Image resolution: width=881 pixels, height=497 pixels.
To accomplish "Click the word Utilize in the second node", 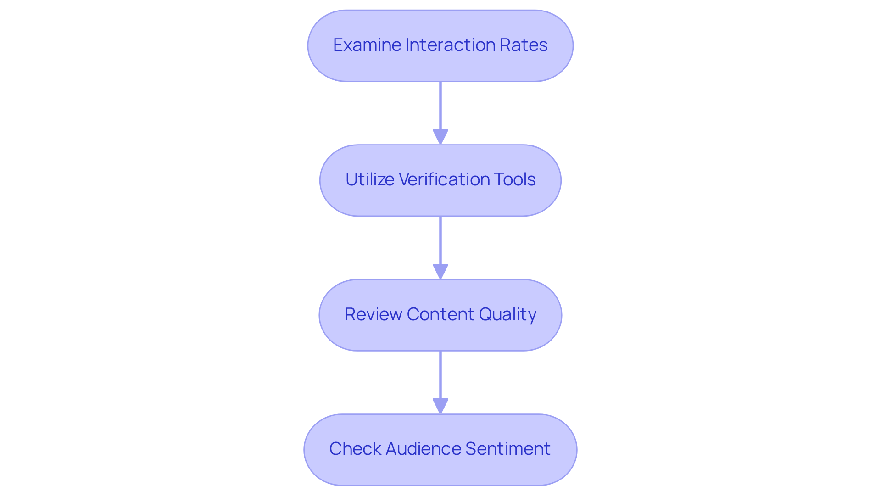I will [x=369, y=179].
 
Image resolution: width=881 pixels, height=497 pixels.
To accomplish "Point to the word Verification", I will [x=444, y=179].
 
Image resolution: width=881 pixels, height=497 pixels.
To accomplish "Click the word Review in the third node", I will [x=373, y=314].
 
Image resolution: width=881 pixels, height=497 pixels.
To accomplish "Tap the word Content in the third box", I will [x=440, y=314].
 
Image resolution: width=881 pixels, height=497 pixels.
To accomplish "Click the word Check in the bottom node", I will [x=355, y=449].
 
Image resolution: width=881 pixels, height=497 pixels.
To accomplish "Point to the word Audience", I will [x=423, y=449].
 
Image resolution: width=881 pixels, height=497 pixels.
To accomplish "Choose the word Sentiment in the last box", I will [x=507, y=449].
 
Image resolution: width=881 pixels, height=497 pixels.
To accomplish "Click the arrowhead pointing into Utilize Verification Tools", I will [x=440, y=137].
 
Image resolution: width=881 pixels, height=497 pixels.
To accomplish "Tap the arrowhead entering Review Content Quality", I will [x=440, y=271].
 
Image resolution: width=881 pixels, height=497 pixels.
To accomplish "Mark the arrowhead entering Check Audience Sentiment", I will [x=440, y=406].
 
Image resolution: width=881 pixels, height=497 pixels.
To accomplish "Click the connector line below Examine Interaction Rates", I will [x=440, y=106].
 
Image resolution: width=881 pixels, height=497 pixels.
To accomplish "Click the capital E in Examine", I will [x=338, y=45].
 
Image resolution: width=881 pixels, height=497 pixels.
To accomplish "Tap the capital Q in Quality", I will [x=485, y=314].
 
